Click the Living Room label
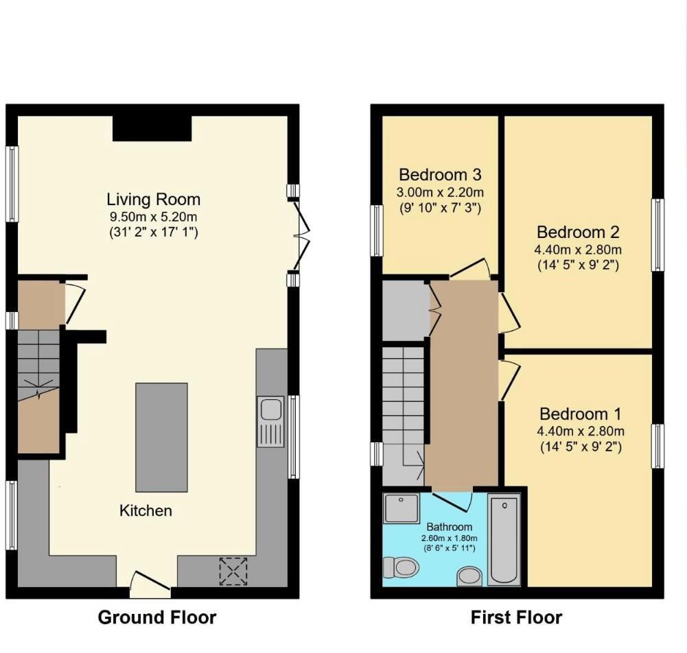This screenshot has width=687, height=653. [x=153, y=200]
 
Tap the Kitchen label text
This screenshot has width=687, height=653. [x=145, y=510]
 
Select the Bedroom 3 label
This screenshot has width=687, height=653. [x=440, y=174]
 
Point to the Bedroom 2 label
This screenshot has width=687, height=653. [x=577, y=232]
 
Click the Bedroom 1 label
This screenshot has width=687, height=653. [x=580, y=414]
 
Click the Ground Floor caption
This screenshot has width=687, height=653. [x=157, y=617]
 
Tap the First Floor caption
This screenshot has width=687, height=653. [x=516, y=617]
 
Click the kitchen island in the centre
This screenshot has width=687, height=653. [x=161, y=437]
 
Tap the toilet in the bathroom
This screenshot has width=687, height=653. [x=401, y=568]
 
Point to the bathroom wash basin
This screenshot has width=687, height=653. [x=469, y=576]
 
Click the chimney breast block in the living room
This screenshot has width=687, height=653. [x=152, y=128]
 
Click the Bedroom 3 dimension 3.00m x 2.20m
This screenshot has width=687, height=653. [x=440, y=191]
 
